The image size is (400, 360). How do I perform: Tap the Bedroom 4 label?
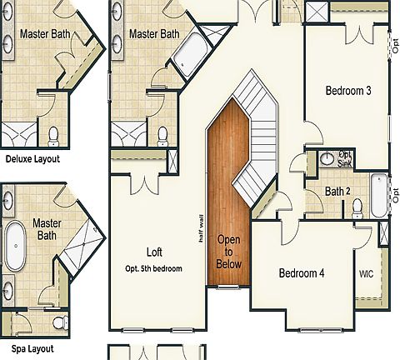coord(302,273)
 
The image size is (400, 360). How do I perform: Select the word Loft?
coord(154,252)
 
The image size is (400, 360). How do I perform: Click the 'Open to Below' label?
coord(229,252)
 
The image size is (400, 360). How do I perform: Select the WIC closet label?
coord(367,273)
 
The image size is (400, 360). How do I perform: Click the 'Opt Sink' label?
coord(345,158)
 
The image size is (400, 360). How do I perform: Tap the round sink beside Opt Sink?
coord(327,158)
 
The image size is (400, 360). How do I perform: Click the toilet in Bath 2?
coord(358,209)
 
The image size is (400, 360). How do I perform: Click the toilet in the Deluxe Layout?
coord(54,134)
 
